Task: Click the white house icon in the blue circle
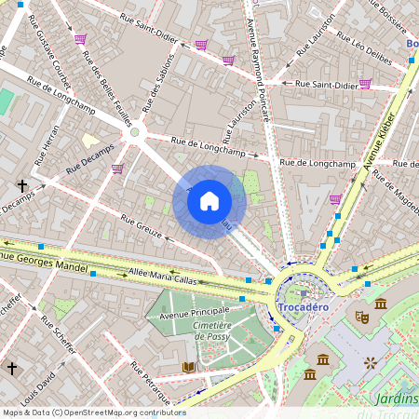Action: click(209, 201)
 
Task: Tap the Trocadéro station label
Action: click(304, 308)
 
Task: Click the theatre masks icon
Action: click(361, 318)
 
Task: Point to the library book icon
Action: click(190, 368)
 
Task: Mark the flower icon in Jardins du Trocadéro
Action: click(371, 361)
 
